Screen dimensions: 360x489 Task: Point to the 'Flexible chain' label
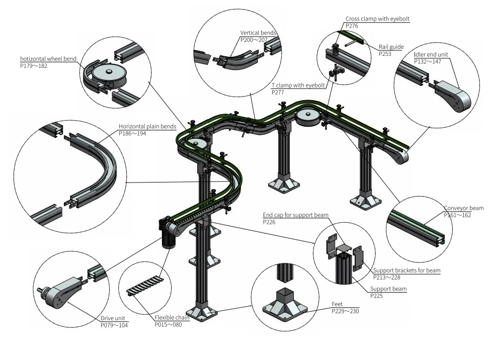[172, 318]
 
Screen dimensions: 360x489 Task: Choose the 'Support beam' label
[388, 289]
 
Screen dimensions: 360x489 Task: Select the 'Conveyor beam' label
[463, 208]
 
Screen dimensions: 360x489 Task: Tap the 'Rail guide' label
[391, 47]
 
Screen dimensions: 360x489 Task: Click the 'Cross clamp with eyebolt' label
[377, 19]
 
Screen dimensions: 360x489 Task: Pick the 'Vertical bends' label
[258, 33]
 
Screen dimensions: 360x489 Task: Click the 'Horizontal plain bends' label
[146, 127]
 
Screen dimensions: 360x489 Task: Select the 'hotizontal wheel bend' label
[48, 59]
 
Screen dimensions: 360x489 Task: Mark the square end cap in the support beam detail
[344, 248]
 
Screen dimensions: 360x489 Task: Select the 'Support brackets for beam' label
[406, 271]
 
